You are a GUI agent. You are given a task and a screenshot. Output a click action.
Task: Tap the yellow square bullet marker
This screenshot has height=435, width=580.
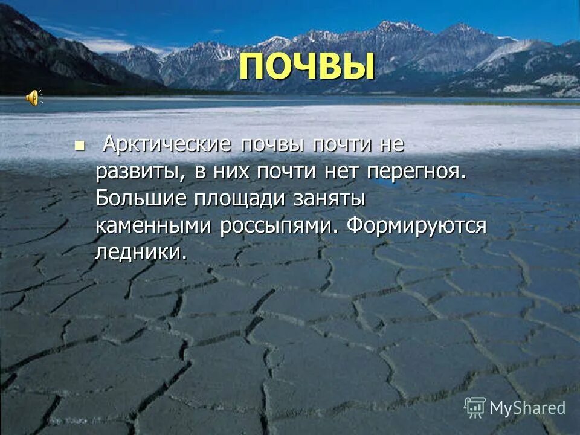tap(79, 145)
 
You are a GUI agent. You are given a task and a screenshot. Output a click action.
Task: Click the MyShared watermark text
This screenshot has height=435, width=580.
tap(527, 408)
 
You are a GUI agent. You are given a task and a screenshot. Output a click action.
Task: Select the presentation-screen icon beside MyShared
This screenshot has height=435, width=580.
tap(475, 407)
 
